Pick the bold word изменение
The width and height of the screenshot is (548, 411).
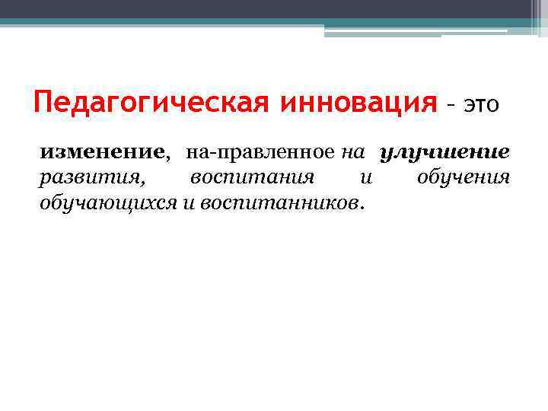point(101,152)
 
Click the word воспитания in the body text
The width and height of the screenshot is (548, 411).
point(253,178)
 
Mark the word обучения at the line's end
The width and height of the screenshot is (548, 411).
point(464,178)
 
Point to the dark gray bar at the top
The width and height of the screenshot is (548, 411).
point(274,8)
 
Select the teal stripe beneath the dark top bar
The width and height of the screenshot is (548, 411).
point(274,22)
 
